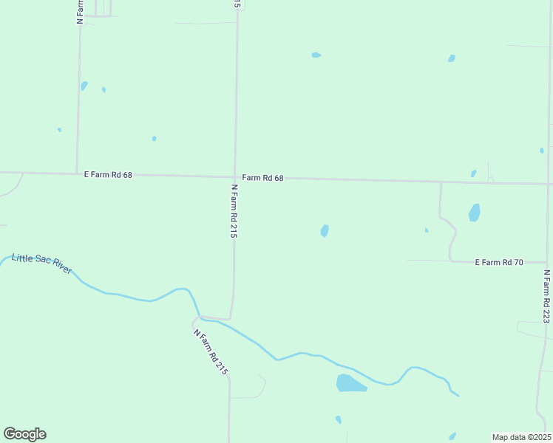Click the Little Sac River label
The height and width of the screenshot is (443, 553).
[42, 264]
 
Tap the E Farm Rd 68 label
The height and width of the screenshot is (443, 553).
[108, 175]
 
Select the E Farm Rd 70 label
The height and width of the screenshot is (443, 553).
[499, 262]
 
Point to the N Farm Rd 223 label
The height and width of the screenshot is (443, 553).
[546, 296]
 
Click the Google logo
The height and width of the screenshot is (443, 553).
[24, 434]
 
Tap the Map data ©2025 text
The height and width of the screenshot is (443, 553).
[521, 437]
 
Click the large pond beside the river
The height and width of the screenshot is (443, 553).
[350, 383]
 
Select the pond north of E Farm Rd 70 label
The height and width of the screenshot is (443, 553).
[474, 213]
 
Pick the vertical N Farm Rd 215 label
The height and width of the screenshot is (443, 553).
[234, 211]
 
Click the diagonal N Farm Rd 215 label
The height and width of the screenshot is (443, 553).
[211, 352]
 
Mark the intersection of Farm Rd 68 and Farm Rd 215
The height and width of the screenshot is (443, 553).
[235, 176]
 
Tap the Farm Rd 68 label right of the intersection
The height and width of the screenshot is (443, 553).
[263, 178]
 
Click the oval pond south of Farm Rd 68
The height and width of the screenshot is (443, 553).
[325, 230]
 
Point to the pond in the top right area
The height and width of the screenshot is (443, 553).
[451, 58]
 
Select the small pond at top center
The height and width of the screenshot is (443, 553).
[316, 55]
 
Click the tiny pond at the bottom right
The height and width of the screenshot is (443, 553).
[452, 436]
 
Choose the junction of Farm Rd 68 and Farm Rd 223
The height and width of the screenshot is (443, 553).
[549, 184]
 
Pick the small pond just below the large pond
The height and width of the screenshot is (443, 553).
[339, 419]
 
